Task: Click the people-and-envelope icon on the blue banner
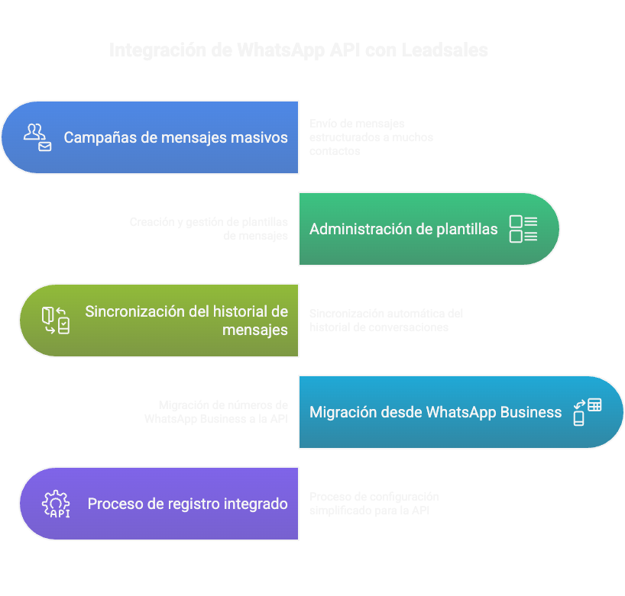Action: (37, 137)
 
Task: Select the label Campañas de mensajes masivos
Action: (176, 137)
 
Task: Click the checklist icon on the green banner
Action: (523, 229)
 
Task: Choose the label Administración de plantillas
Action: (403, 229)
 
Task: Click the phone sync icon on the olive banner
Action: (55, 321)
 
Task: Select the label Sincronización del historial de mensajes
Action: (186, 321)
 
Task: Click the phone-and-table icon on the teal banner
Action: (587, 412)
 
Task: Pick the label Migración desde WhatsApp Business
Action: (436, 412)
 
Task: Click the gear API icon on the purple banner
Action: (56, 504)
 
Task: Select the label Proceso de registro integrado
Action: (188, 504)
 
